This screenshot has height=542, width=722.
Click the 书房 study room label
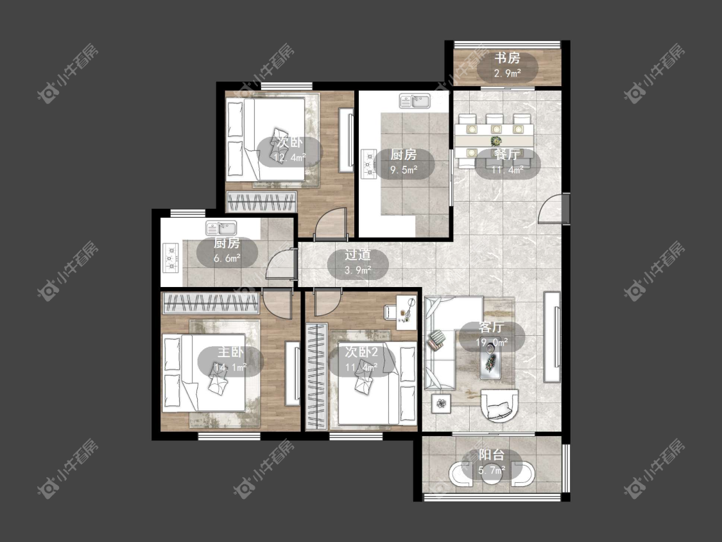pyautogui.click(x=508, y=58)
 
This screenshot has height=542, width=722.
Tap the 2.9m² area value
pyautogui.click(x=508, y=73)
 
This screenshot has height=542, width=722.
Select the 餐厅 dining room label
pyautogui.click(x=508, y=154)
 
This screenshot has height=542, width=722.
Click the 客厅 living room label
pyautogui.click(x=492, y=328)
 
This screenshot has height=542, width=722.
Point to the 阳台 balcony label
pyautogui.click(x=492, y=455)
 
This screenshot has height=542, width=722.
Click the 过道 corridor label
pyautogui.click(x=357, y=255)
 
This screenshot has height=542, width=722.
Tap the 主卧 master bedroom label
pyautogui.click(x=230, y=352)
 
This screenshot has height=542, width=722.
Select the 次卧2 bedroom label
pyautogui.click(x=361, y=352)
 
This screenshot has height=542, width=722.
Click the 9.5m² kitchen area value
pyautogui.click(x=404, y=170)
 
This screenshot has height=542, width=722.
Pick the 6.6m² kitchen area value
pyautogui.click(x=227, y=258)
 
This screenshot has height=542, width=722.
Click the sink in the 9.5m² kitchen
pyautogui.click(x=415, y=101)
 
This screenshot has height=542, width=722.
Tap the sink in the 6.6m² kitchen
pyautogui.click(x=221, y=228)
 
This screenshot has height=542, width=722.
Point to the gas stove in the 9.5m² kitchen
pyautogui.click(x=369, y=164)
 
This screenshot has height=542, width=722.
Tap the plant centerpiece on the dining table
pyautogui.click(x=496, y=141)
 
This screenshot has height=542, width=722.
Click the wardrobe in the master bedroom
pyautogui.click(x=211, y=304)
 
